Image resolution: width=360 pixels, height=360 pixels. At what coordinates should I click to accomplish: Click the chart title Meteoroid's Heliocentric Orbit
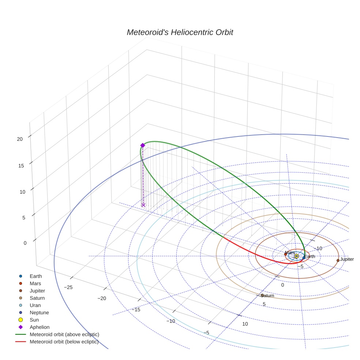[180, 33]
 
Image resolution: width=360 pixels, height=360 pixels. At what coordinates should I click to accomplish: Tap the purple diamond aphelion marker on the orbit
[143, 146]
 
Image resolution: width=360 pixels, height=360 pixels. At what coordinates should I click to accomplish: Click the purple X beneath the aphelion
[143, 205]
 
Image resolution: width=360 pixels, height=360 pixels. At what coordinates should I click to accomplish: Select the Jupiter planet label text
[347, 259]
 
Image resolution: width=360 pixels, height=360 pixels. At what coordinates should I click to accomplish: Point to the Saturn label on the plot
[268, 296]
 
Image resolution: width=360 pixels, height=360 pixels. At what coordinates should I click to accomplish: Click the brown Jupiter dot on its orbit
[338, 260]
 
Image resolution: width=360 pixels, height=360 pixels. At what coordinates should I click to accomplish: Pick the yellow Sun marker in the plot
[296, 256]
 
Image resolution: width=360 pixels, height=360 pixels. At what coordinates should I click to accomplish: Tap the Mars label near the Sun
[290, 253]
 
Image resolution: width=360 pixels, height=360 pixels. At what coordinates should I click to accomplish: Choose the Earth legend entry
[35, 276]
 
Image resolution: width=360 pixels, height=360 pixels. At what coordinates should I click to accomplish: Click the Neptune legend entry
[39, 313]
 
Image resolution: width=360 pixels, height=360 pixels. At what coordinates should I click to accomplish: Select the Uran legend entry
[35, 305]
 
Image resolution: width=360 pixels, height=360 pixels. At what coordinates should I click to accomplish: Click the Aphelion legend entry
[40, 327]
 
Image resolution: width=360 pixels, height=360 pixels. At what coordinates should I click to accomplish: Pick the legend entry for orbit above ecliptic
[64, 334]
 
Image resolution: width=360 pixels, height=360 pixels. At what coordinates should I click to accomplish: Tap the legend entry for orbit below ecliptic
[64, 342]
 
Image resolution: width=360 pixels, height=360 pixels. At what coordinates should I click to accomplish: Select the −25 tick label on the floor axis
[68, 288]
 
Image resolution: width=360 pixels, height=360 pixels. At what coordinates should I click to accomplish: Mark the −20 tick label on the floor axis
[102, 299]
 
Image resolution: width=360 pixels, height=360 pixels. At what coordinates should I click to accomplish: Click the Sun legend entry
[34, 320]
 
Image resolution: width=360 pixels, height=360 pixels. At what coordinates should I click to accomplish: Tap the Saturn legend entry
[37, 298]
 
